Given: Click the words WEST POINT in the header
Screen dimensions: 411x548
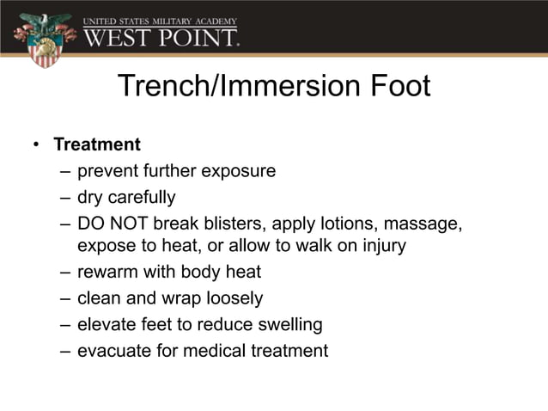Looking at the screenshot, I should [x=161, y=37].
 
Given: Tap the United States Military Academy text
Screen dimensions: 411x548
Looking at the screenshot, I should [x=161, y=20].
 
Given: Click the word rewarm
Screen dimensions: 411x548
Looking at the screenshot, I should [x=105, y=273].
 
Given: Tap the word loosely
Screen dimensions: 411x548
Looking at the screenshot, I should [x=234, y=298].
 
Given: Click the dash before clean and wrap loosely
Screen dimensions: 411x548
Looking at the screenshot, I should [x=65, y=298].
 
